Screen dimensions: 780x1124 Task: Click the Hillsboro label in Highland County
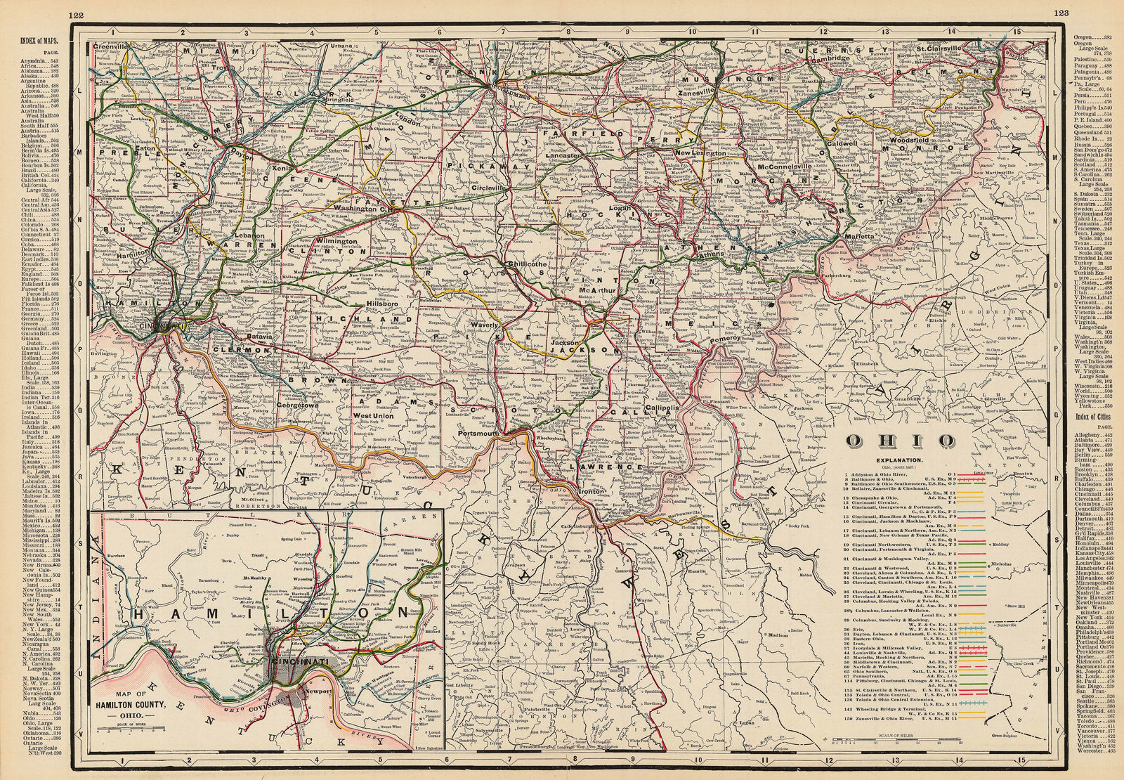click(384, 304)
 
